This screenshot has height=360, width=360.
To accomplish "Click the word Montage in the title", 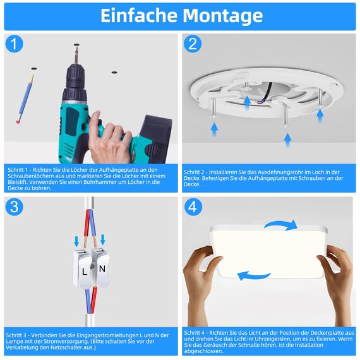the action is [x=222, y=16].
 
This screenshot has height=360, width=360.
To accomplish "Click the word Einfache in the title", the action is [x=139, y=16].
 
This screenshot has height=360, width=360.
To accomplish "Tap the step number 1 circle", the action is [x=14, y=44].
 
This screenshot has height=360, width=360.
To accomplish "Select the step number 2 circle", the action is [x=193, y=44].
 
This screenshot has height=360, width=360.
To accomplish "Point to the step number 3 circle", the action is [x=14, y=207].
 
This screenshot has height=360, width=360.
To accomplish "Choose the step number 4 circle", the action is [x=193, y=207].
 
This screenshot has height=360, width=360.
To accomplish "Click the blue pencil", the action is [x=25, y=99].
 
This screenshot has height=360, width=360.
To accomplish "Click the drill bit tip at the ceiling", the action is [x=76, y=45].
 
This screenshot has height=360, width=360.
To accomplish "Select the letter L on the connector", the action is [x=85, y=272].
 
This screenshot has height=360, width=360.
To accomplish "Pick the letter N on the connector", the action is [x=102, y=268].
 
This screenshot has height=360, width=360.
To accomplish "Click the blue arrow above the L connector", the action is [x=76, y=241].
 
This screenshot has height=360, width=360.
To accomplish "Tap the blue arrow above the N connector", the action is [x=102, y=239].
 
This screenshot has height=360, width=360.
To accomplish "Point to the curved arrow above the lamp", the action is [x=281, y=224].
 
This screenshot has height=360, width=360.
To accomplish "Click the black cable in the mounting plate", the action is [x=267, y=92].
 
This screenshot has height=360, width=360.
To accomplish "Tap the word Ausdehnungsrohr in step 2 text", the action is [x=276, y=172].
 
